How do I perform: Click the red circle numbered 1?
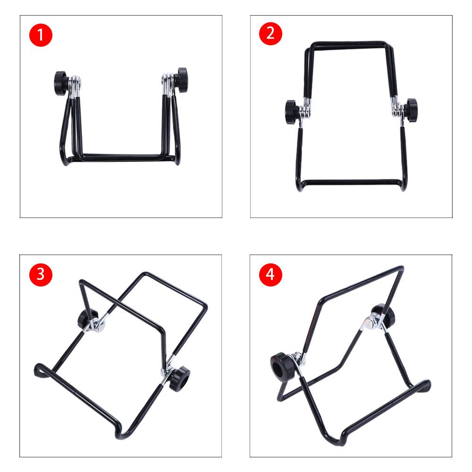tap(41, 35)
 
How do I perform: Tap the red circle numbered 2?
tap(270, 34)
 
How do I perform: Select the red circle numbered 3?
tap(41, 275)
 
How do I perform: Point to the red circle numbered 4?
tap(270, 275)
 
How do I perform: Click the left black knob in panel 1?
tap(61, 84)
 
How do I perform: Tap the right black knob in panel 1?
tap(181, 80)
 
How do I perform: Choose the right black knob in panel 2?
tap(411, 109)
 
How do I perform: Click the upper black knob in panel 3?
tap(87, 319)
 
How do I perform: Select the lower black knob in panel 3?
tap(179, 378)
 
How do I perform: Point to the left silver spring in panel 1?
tap(75, 86)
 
